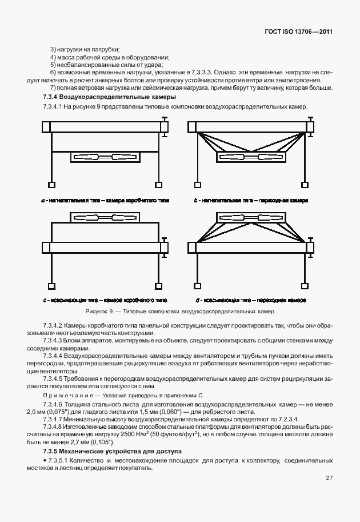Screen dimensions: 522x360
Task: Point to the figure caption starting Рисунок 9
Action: (x=179, y=312)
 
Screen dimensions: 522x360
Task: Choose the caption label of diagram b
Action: (x=251, y=201)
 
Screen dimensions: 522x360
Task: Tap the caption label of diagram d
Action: (x=251, y=299)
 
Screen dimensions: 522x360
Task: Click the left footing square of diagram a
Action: (x=52, y=185)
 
